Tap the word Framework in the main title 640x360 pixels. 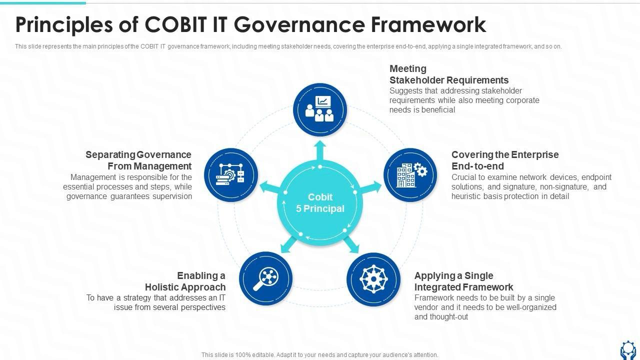pyautogui.click(x=428, y=24)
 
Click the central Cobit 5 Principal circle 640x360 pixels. pyautogui.click(x=320, y=203)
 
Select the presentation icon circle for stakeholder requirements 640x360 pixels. pyautogui.click(x=320, y=110)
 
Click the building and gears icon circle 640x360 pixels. pyautogui.click(x=410, y=175)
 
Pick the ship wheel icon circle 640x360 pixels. pyautogui.click(x=373, y=279)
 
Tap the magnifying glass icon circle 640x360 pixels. pyautogui.click(x=265, y=278)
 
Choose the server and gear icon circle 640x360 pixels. pyautogui.click(x=231, y=175)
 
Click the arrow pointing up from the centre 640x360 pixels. pyautogui.click(x=320, y=150)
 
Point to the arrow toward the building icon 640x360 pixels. pyautogui.click(x=370, y=187)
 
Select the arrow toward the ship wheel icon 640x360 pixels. pyautogui.click(x=351, y=244)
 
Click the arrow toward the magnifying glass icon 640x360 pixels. pyautogui.click(x=289, y=244)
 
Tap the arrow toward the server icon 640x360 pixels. pyautogui.click(x=269, y=187)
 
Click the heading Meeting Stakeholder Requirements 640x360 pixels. pyautogui.click(x=449, y=74)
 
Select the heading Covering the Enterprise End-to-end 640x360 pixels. pyautogui.click(x=505, y=160)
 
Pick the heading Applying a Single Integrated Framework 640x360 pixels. pyautogui.click(x=463, y=281)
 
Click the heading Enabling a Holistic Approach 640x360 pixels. pyautogui.click(x=185, y=281)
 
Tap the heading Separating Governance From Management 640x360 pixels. pyautogui.click(x=138, y=160)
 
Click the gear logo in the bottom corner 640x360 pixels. pyautogui.click(x=628, y=350)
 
